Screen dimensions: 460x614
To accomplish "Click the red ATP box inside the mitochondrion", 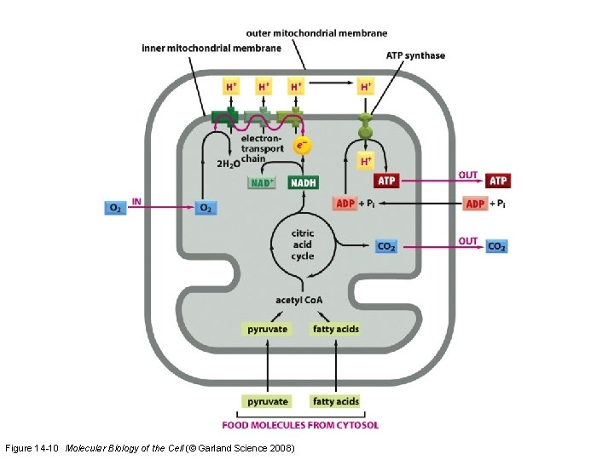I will coord(386,181).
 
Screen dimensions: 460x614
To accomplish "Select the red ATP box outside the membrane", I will coord(498,181).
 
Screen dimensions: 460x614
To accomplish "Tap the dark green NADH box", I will coord(303,183).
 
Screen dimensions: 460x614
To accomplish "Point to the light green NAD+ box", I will coord(263,183).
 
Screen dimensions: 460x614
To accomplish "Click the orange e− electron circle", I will coord(302,147).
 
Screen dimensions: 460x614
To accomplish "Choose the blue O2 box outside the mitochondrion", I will coord(115,207).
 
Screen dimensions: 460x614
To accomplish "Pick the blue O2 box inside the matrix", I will coord(206,207).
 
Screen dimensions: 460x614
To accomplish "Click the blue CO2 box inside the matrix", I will coord(386,246).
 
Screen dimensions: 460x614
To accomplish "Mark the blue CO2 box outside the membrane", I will coord(497,246).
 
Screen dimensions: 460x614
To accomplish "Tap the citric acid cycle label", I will coord(303,244).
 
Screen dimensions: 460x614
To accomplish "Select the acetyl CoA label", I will coord(299,300).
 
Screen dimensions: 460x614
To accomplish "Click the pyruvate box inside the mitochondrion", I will coord(267,329).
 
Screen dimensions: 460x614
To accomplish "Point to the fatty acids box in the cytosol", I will coord(335,401).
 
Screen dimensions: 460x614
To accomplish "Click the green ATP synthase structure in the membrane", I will coord(366,126).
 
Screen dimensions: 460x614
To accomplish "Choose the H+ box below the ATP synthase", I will coord(366,161).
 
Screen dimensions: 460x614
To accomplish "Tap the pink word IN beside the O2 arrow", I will coord(136,203).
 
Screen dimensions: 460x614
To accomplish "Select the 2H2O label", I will coord(227,164).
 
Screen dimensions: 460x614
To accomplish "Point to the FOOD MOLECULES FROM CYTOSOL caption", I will coord(300,424).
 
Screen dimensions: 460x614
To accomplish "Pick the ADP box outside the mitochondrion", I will coord(476,204).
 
